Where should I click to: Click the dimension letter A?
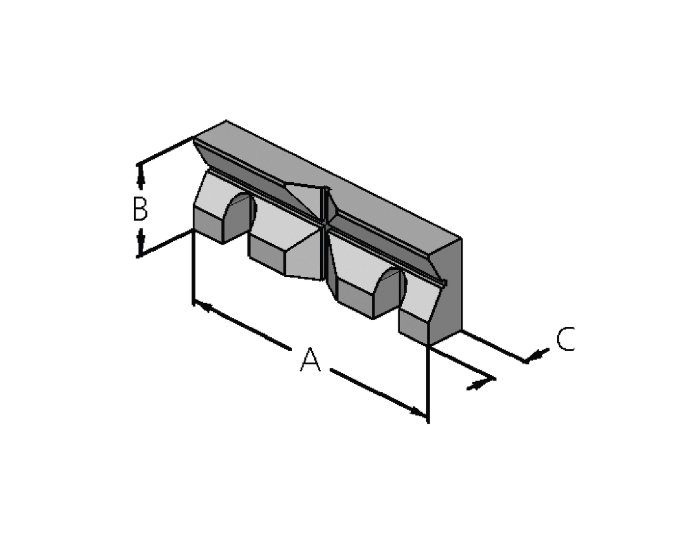(310, 360)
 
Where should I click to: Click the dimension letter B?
(140, 209)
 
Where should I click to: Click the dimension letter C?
(566, 339)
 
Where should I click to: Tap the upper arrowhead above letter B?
(141, 177)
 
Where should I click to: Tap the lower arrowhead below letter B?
(141, 242)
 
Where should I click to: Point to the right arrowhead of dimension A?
(418, 411)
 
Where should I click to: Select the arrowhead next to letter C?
(537, 355)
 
